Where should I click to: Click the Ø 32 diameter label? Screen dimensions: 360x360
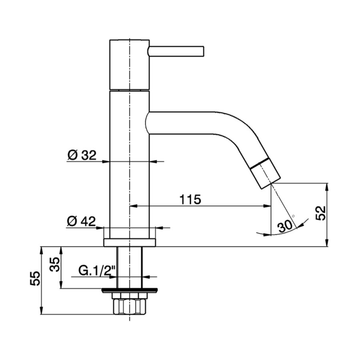[x=82, y=155]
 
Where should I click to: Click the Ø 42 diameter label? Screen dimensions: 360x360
[x=82, y=221]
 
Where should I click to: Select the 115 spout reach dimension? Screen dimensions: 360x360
[x=190, y=199]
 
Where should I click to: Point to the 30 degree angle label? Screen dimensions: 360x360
[x=284, y=227]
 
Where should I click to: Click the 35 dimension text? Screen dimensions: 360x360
[x=55, y=264]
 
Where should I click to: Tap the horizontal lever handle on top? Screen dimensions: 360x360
[x=176, y=51]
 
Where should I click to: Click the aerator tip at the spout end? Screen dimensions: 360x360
[x=266, y=173]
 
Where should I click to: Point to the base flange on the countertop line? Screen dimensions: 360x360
[x=130, y=242]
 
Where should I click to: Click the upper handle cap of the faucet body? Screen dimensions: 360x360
[x=130, y=64]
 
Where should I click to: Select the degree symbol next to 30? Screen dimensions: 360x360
[x=294, y=216]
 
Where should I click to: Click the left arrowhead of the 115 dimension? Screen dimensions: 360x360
[x=134, y=206]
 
